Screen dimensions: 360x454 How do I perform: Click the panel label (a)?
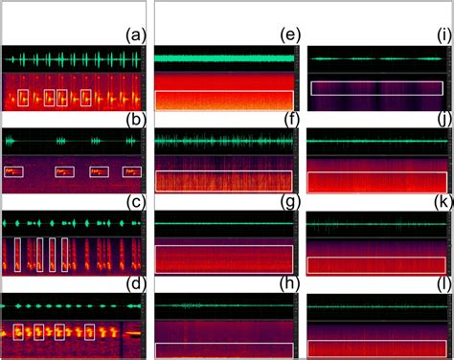click(135, 36)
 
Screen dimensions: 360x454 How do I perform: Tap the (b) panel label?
click(135, 122)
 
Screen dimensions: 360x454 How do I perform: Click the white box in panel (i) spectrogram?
click(376, 87)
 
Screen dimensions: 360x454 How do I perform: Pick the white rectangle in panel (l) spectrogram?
click(376, 349)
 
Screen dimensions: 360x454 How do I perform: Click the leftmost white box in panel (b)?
click(13, 172)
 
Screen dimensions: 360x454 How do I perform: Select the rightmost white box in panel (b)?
click(131, 172)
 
